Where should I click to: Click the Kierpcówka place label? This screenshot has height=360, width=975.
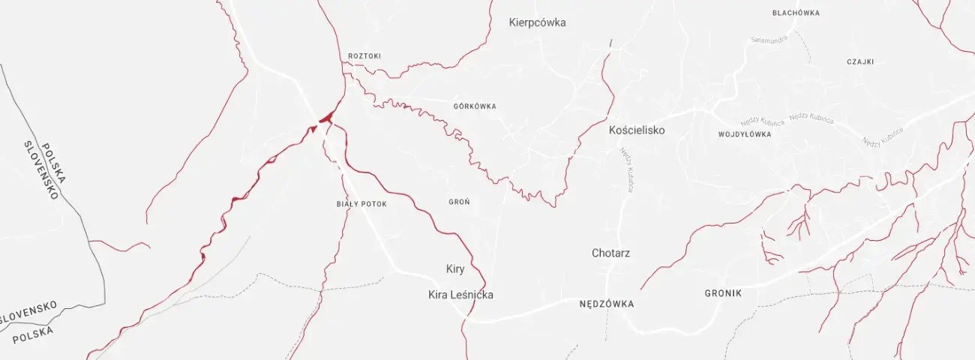pyautogui.click(x=537, y=22)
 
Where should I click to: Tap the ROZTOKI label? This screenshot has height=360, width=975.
pyautogui.click(x=364, y=56)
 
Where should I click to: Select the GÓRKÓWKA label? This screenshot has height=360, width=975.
pyautogui.click(x=475, y=106)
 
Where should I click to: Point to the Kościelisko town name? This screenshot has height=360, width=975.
pyautogui.click(x=637, y=130)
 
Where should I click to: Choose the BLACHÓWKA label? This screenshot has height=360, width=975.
pyautogui.click(x=796, y=13)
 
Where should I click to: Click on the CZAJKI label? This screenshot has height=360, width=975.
pyautogui.click(x=860, y=62)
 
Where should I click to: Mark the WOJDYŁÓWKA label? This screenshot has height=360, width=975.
pyautogui.click(x=745, y=135)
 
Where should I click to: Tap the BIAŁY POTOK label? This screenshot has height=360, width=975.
pyautogui.click(x=361, y=204)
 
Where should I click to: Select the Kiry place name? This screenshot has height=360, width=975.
pyautogui.click(x=455, y=269)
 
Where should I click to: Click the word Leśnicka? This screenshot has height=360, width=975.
pyautogui.click(x=472, y=295)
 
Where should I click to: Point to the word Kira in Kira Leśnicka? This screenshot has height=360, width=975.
pyautogui.click(x=438, y=295)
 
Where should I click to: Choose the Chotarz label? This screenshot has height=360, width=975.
pyautogui.click(x=610, y=253)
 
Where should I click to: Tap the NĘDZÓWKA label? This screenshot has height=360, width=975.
pyautogui.click(x=607, y=304)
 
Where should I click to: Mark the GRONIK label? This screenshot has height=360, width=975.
pyautogui.click(x=723, y=293)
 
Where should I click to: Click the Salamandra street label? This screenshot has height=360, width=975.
pyautogui.click(x=769, y=40)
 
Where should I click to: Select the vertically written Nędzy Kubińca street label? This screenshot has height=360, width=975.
pyautogui.click(x=626, y=169)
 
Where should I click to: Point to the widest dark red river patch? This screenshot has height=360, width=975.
pyautogui.click(x=326, y=117)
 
